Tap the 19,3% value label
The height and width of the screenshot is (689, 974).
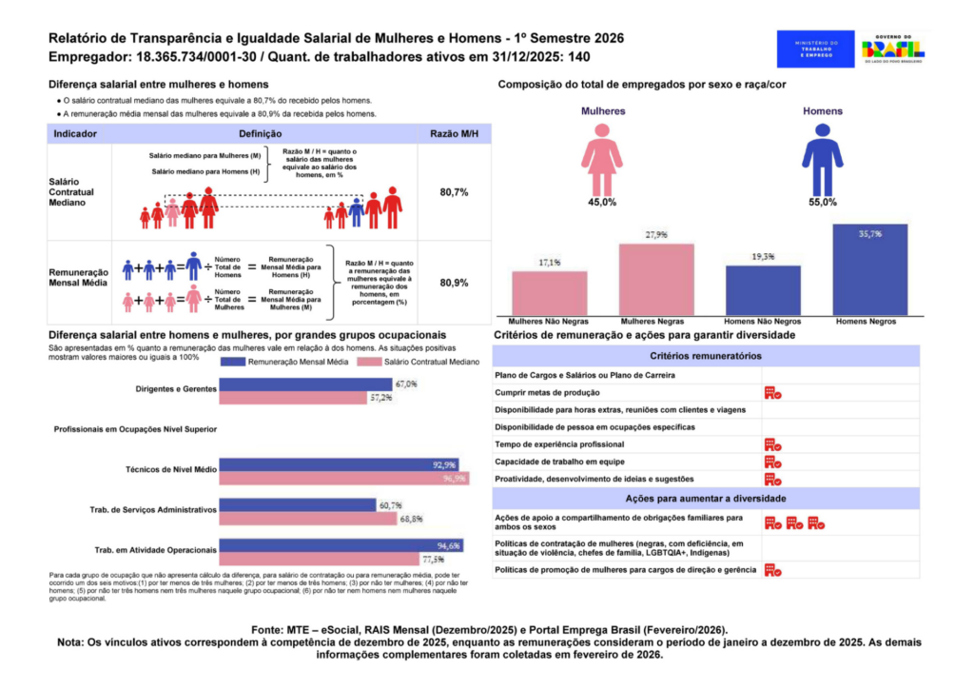tap(763, 257)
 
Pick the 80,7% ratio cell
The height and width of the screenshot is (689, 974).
tap(454, 192)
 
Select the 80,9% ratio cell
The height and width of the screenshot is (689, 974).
tap(454, 283)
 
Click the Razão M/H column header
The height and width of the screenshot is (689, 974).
tap(454, 134)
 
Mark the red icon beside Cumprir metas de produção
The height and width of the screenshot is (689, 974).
tap(772, 392)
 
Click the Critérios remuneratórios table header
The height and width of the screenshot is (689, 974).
tap(705, 356)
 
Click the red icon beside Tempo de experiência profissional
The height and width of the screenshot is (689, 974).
tap(772, 444)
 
